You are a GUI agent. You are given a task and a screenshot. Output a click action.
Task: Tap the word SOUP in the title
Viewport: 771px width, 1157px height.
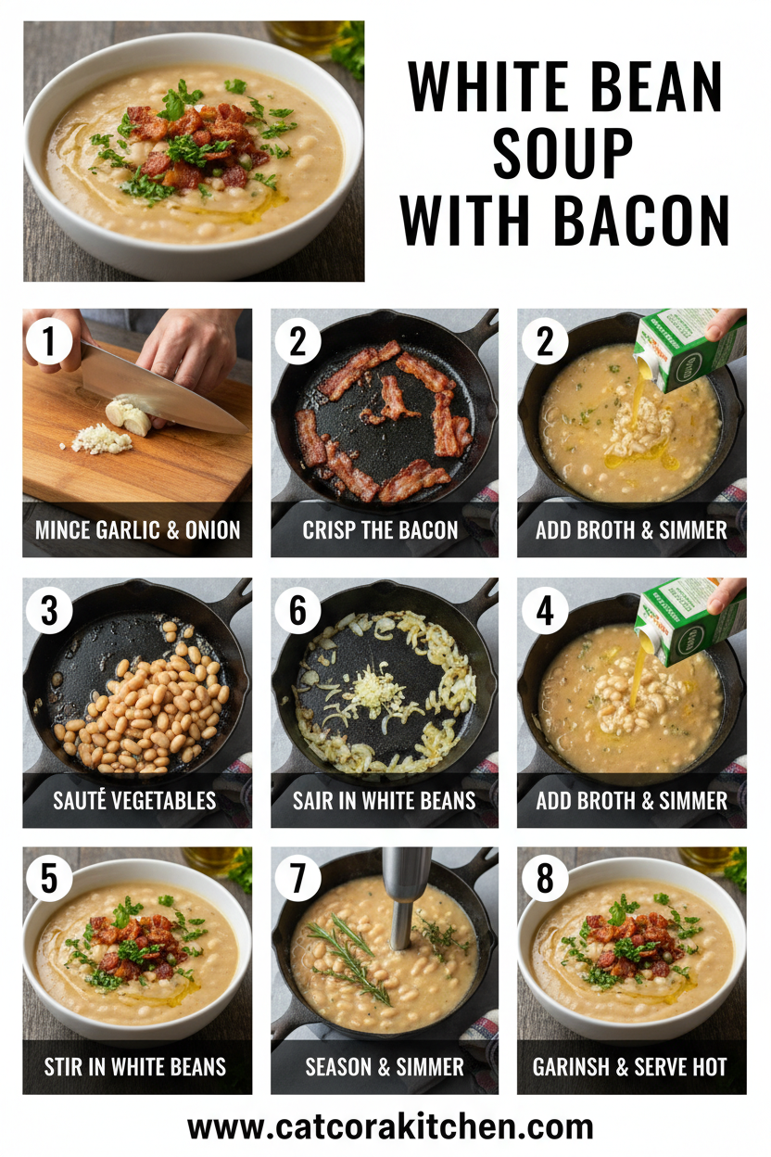[x=563, y=155]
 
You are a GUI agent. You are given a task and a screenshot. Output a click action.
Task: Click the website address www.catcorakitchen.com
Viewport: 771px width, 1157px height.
[x=390, y=1127]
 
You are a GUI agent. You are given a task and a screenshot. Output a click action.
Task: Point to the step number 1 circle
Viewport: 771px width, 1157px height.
[x=49, y=343]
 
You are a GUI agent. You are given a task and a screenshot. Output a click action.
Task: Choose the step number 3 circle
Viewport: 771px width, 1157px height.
[x=49, y=612]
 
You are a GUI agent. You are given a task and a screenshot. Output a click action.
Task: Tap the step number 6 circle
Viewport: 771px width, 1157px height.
[x=297, y=612]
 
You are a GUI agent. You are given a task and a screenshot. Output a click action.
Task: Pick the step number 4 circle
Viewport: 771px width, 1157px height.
[x=545, y=612]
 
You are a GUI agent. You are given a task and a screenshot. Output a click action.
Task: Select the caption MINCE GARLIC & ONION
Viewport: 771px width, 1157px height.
[x=137, y=530]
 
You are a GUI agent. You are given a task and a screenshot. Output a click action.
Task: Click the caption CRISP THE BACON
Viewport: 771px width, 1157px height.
[x=380, y=530]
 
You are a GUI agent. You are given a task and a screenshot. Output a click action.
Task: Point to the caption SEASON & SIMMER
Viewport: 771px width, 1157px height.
[x=385, y=1067]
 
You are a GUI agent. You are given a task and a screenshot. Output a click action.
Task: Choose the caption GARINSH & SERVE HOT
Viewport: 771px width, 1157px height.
[x=631, y=1067]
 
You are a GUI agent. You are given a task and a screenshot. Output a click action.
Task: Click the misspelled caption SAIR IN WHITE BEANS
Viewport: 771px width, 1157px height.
[x=384, y=800]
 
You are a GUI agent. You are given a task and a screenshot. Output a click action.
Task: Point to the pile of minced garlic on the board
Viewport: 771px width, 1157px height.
[x=103, y=439]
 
